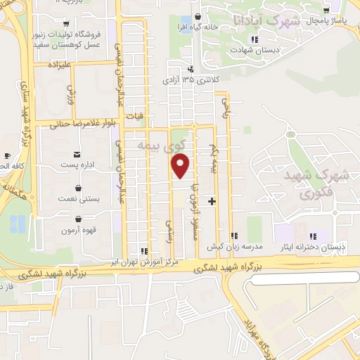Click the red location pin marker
tap(181, 166)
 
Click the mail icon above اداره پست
tap(77, 154)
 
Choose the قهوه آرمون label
tap(77, 230)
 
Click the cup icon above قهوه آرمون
tap(77, 219)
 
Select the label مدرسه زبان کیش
tap(234, 247)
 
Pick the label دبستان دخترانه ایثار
tap(319, 247)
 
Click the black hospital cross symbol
tap(212, 202)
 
